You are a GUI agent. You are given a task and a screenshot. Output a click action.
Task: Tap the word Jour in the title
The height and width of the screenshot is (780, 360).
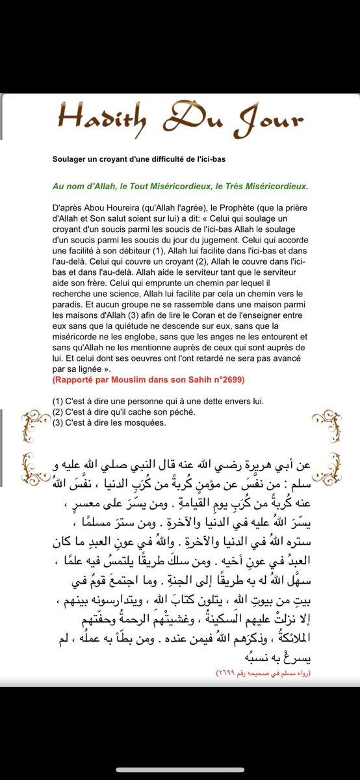click(x=272, y=120)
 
